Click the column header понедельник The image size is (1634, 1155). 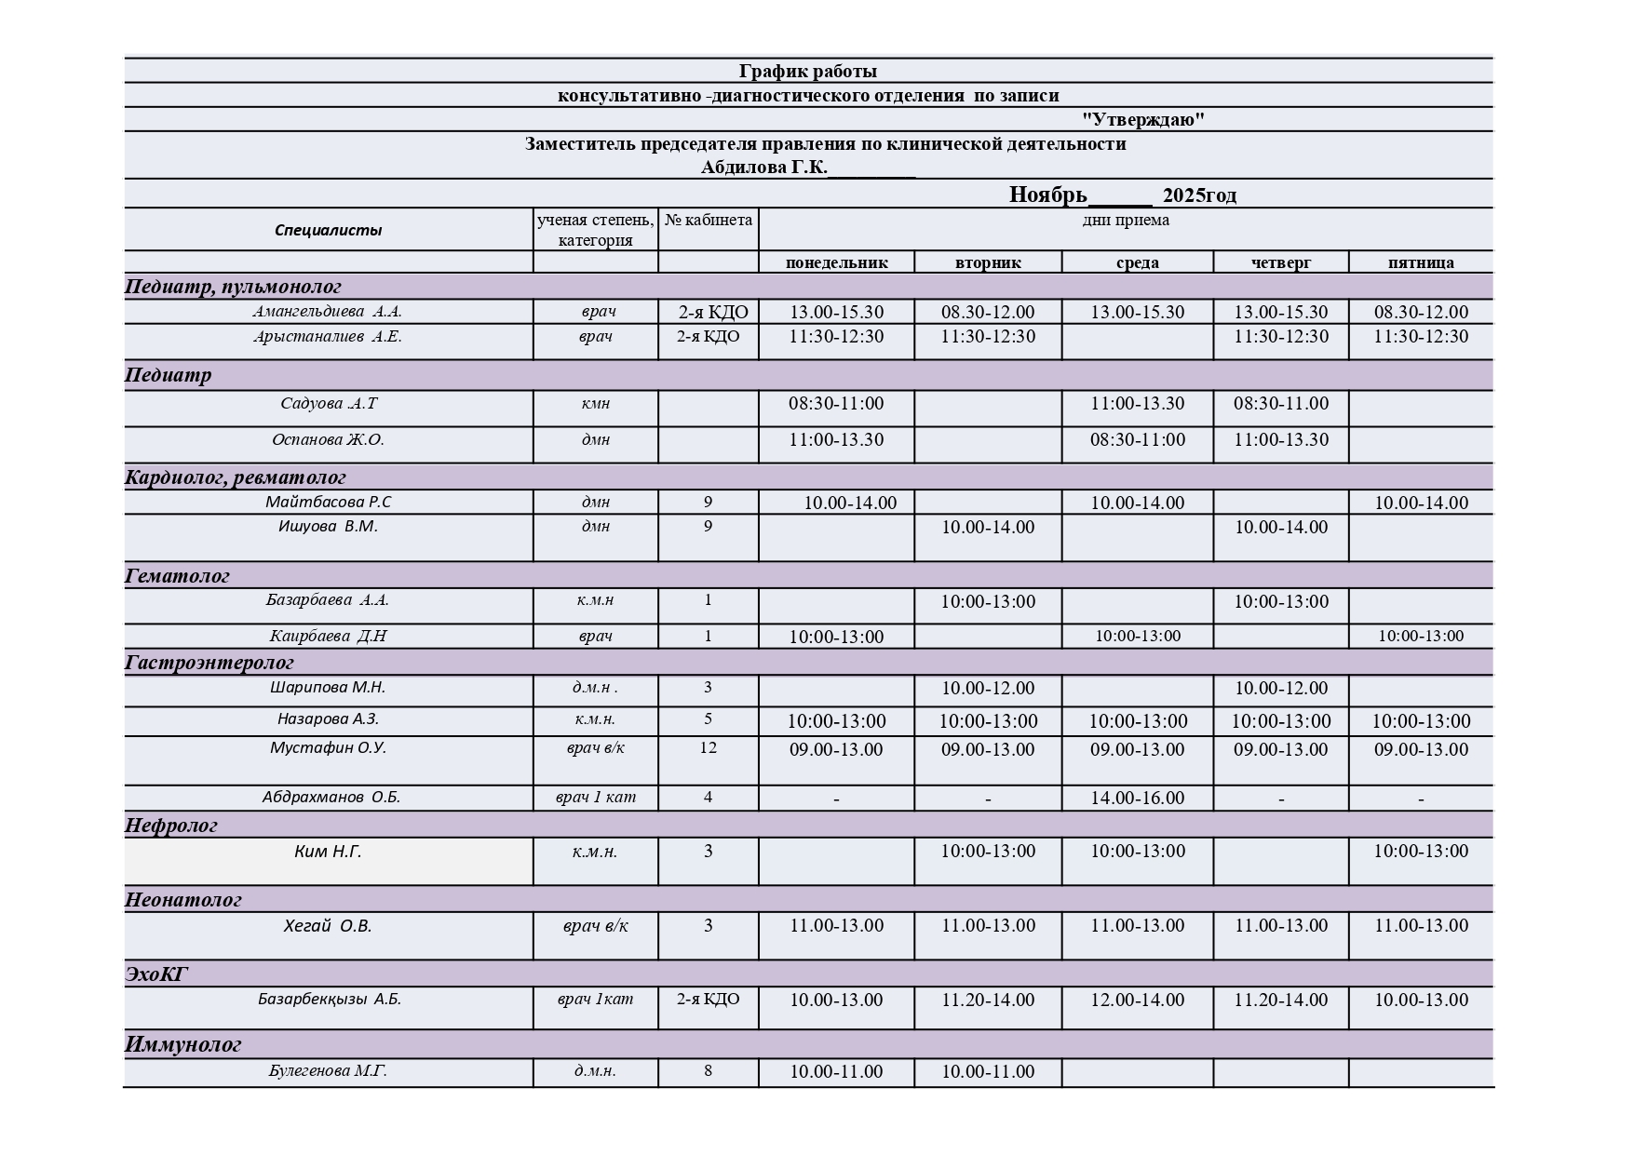(x=836, y=262)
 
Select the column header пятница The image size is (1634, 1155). (x=1420, y=262)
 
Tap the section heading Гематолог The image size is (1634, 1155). (x=177, y=576)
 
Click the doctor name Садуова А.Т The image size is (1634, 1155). (x=329, y=404)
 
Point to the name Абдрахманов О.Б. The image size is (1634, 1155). (x=331, y=798)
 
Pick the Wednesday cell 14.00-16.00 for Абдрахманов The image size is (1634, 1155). (x=1137, y=799)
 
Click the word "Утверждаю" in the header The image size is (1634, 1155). (x=1142, y=119)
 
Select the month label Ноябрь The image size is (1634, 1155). (x=1047, y=195)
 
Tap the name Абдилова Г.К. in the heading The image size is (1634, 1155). (x=763, y=168)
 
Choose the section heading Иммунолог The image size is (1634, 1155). (x=182, y=1044)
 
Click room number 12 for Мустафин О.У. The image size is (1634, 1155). (x=708, y=748)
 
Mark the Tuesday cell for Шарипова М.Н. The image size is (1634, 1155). (x=987, y=689)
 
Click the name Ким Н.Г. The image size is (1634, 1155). (x=328, y=852)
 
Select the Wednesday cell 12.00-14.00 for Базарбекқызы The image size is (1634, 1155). (x=1137, y=1001)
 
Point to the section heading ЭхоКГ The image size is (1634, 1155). (x=156, y=974)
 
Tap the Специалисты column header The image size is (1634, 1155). (x=328, y=230)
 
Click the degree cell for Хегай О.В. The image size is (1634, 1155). (x=595, y=926)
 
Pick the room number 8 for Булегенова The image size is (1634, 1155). (x=708, y=1071)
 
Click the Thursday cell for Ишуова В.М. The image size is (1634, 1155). (x=1280, y=528)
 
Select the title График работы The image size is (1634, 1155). (x=807, y=71)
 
